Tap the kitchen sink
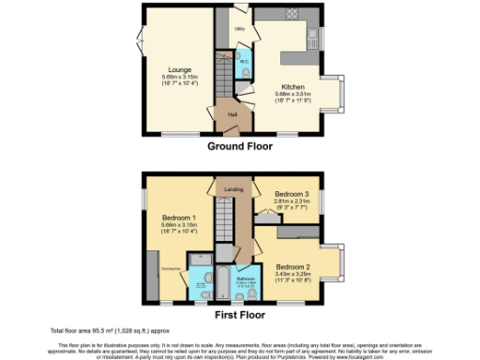311,39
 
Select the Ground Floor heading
240,147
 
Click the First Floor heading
240,314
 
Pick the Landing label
230,188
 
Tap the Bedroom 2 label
294,265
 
